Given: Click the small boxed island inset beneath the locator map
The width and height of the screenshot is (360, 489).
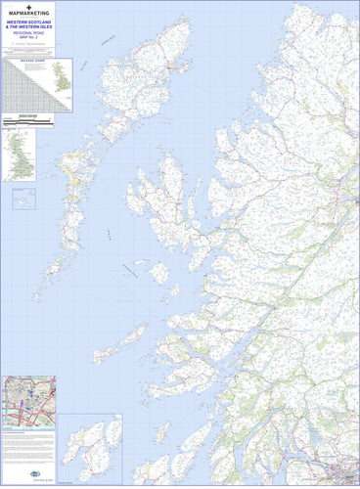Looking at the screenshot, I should [x=22, y=199].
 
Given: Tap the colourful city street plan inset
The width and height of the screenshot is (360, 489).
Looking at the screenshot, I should [x=28, y=402].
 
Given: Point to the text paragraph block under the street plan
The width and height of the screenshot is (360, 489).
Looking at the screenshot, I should [x=28, y=449].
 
